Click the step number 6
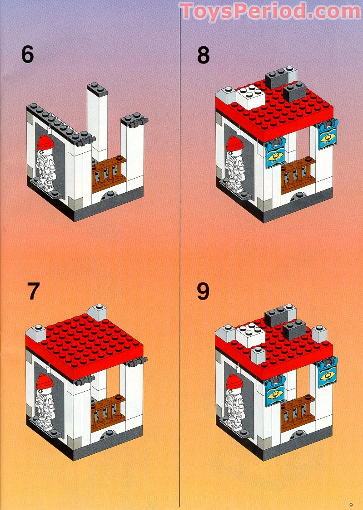click(x=27, y=55)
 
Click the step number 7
click(x=33, y=291)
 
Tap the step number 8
click(x=203, y=55)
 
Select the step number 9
click(x=203, y=291)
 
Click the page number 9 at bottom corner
click(x=351, y=505)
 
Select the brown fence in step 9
click(x=298, y=410)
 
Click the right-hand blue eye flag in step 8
click(x=327, y=135)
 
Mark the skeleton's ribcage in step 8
click(x=235, y=162)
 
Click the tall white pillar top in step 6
click(x=98, y=88)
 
